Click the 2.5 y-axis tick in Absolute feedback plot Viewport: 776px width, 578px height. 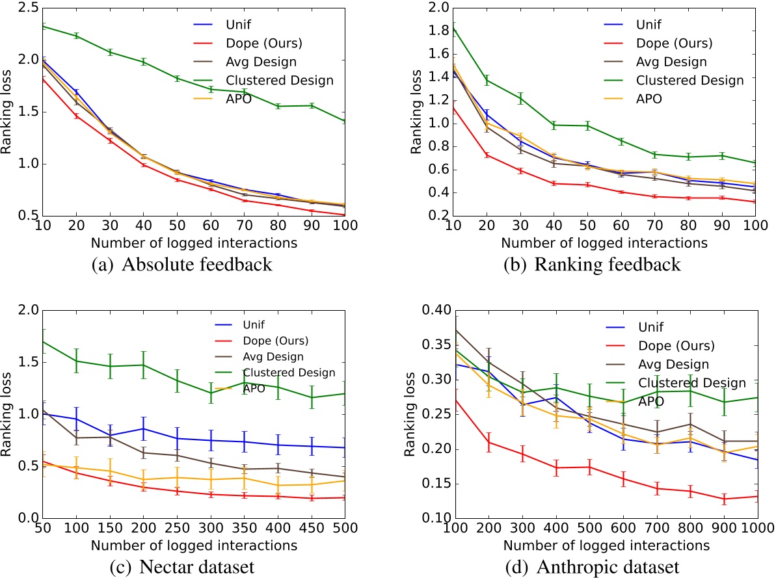click(x=22, y=8)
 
